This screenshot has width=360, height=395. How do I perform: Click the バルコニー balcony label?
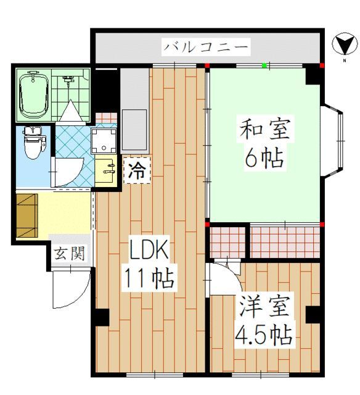pos(206,47)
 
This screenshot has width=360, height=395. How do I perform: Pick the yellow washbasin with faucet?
pos(105,170)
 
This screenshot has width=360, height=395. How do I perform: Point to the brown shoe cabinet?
pos(26,215)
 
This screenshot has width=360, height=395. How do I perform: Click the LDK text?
pos(148,251)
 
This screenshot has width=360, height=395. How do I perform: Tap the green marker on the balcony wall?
pos(264,65)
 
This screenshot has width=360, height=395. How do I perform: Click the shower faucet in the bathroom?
pos(68,80)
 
